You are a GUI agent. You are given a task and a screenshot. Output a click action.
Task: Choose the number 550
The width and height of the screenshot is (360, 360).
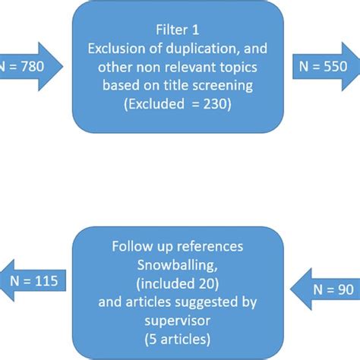tap(333, 66)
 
